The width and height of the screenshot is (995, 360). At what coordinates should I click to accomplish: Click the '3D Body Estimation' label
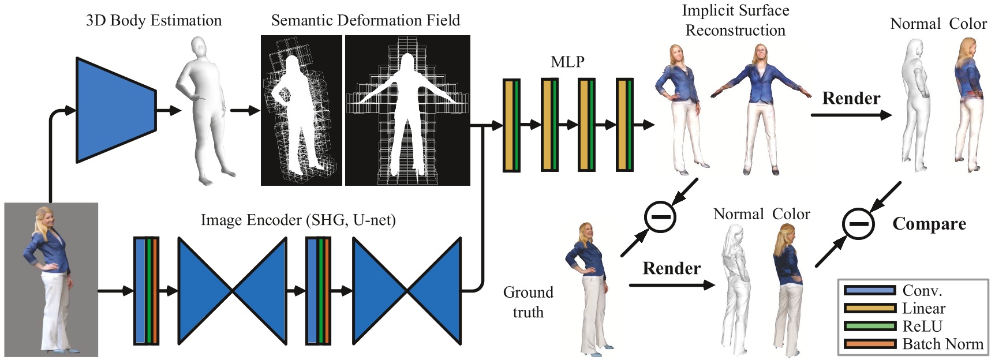[x=154, y=21]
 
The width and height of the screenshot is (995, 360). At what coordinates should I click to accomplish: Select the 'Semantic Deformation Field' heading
[x=365, y=21]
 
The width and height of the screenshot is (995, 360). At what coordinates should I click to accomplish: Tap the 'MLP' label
[x=567, y=62]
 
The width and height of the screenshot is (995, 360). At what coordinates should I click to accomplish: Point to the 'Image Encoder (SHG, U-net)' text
[x=298, y=220]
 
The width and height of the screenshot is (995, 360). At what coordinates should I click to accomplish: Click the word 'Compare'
[x=929, y=224]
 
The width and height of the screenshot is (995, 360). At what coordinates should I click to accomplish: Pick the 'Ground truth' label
[x=528, y=302]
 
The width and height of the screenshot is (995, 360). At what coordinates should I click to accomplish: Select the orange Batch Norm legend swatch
[x=869, y=344]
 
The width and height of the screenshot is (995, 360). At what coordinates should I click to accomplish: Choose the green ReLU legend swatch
[x=869, y=327]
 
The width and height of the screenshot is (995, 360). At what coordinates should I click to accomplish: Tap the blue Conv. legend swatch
[x=869, y=290]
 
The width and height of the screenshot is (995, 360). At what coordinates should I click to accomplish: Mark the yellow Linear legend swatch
[x=869, y=308]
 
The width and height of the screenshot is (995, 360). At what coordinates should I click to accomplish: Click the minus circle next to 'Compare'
[x=858, y=224]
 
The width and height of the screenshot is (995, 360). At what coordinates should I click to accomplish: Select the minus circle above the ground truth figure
[x=660, y=217]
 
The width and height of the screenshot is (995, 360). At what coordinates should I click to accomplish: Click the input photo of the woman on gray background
[x=51, y=279]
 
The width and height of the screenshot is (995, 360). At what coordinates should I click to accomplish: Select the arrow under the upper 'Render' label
[x=851, y=115]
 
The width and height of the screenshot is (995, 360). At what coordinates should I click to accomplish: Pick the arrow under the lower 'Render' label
[x=671, y=285]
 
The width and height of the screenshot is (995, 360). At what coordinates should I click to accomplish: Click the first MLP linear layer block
[x=511, y=125]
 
